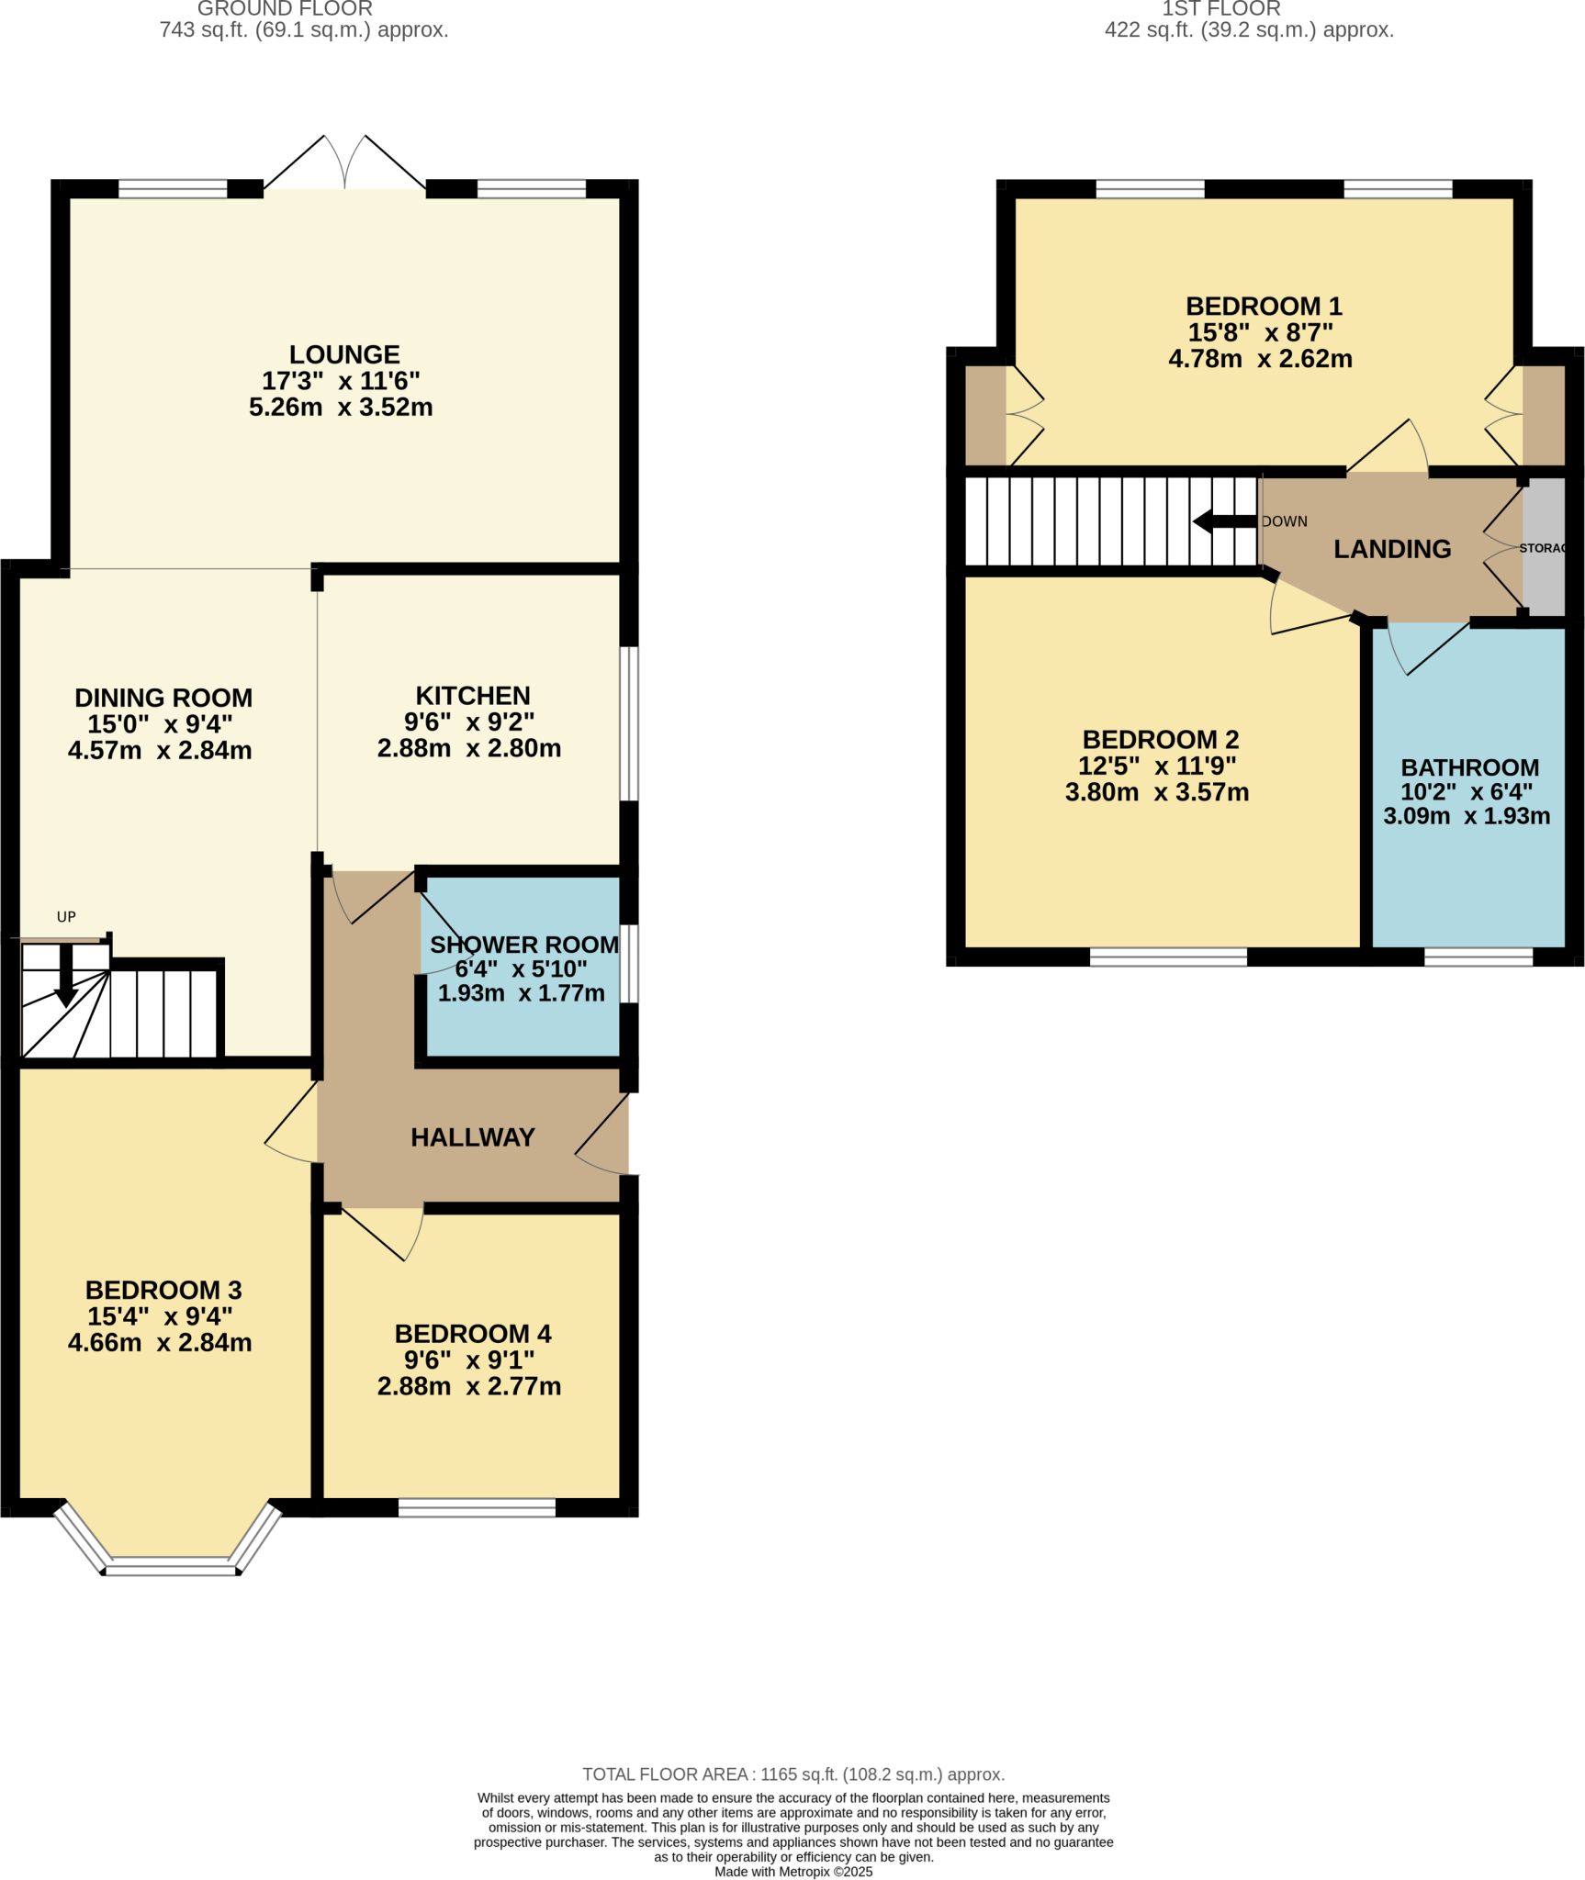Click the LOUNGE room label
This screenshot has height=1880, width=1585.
click(x=344, y=354)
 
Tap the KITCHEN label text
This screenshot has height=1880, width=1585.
click(x=473, y=696)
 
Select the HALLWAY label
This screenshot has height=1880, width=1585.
click(x=472, y=1137)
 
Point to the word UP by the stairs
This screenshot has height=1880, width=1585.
click(x=66, y=917)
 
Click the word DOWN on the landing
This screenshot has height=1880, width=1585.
click(x=1284, y=521)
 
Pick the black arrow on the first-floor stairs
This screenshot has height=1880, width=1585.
click(x=1224, y=521)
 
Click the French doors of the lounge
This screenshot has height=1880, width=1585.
click(x=345, y=165)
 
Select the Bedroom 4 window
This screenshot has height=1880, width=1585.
click(x=477, y=1508)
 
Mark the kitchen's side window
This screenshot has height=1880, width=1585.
click(x=629, y=724)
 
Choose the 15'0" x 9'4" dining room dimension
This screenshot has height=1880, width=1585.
click(x=160, y=724)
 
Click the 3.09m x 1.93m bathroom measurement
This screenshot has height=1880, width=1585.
click(x=1467, y=816)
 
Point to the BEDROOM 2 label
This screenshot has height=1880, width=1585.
click(x=1160, y=739)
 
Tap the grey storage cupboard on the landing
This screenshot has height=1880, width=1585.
click(x=1544, y=548)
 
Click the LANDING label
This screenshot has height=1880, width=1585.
click(x=1392, y=549)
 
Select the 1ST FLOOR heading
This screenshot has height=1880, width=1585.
click(x=1220, y=9)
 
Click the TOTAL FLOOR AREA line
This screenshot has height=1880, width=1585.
click(x=793, y=1774)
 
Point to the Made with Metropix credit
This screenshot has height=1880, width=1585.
click(x=793, y=1872)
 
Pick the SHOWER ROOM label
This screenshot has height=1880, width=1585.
click(x=523, y=945)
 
